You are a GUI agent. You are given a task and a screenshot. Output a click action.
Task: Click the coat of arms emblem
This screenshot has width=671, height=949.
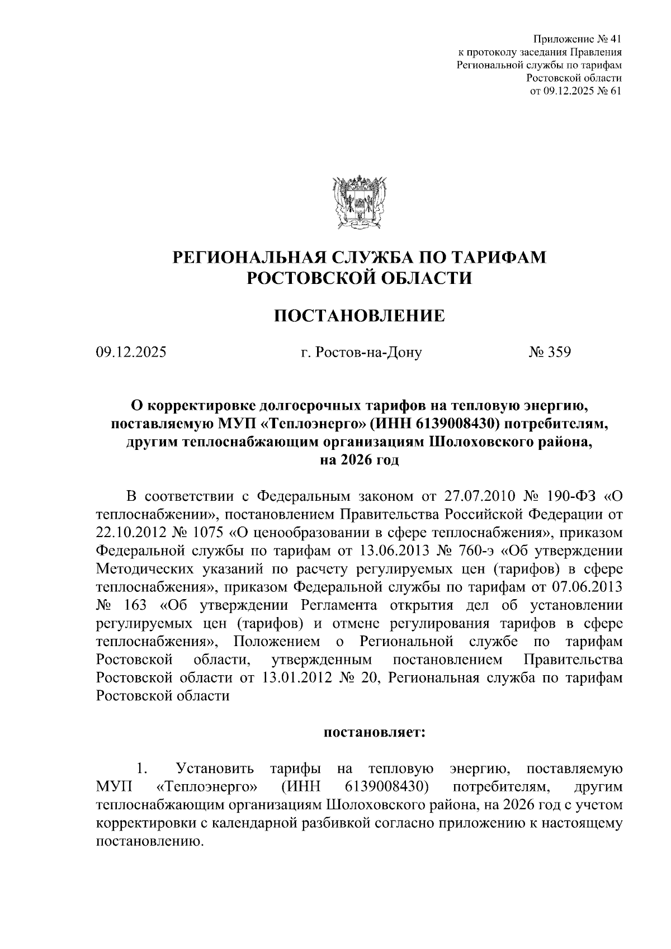click(358, 202)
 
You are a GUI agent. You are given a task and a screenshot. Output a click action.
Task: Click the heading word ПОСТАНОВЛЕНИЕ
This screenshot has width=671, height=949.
click(359, 316)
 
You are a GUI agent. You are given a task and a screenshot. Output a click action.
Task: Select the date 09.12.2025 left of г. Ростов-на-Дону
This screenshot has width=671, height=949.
click(131, 353)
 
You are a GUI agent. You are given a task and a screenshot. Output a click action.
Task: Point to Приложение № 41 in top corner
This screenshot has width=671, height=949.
click(578, 40)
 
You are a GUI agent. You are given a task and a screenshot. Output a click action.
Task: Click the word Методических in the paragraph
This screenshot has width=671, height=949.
click(141, 569)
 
